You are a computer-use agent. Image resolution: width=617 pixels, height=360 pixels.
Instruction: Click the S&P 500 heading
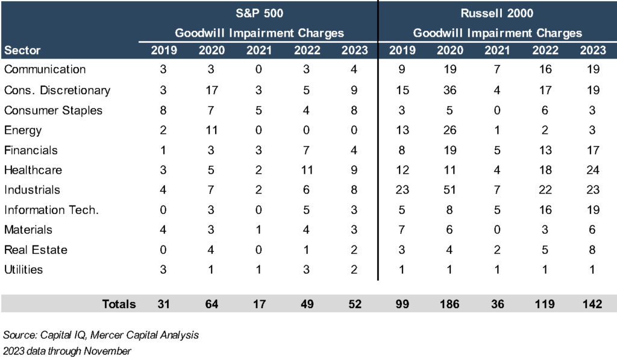(259, 12)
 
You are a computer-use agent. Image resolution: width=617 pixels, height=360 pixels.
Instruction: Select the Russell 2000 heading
(498, 12)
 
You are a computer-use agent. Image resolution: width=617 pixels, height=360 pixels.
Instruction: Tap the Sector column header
(22, 50)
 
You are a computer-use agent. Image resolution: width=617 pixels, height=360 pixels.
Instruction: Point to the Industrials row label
(32, 189)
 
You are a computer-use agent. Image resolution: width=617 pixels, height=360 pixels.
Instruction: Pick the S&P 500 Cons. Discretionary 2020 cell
(211, 90)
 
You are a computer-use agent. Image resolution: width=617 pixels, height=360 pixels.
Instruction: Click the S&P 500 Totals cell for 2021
(259, 304)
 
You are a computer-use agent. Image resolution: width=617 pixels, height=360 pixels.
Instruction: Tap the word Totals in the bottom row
(119, 304)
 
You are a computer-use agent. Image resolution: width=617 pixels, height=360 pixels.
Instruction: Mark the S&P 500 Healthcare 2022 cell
(307, 169)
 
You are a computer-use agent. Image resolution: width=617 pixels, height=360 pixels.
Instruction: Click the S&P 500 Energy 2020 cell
(211, 130)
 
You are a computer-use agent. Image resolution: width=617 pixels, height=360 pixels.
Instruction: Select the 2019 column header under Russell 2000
(402, 50)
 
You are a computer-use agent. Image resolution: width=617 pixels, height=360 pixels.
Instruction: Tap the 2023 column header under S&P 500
(354, 50)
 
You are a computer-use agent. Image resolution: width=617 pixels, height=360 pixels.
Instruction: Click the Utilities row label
(23, 269)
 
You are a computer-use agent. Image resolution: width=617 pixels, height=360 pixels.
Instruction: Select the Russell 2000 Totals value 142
(592, 304)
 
